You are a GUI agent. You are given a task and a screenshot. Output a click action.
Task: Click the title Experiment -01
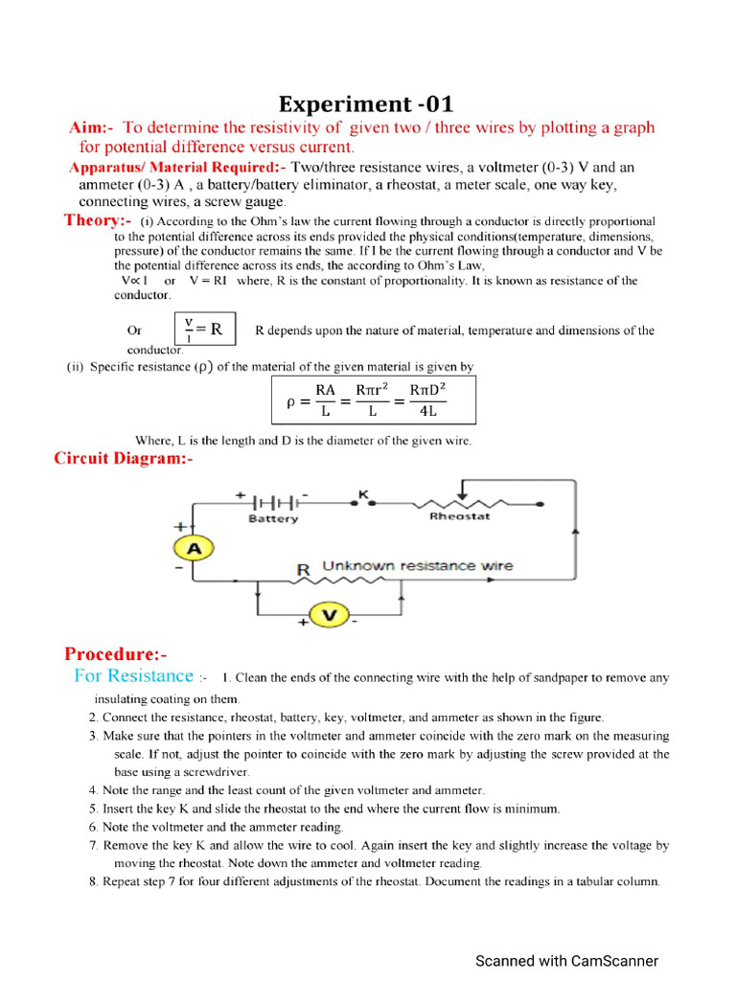(x=366, y=103)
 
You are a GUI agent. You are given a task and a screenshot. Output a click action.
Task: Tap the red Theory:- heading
(x=98, y=220)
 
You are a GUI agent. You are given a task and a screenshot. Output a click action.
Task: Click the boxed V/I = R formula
(x=203, y=330)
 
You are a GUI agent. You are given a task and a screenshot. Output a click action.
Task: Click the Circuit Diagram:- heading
(x=124, y=459)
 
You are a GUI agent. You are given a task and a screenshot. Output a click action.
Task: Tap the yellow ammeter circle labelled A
(x=193, y=548)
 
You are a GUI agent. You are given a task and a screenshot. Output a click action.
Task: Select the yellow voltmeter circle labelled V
(x=329, y=615)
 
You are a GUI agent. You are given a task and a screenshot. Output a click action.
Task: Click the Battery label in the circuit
(x=273, y=519)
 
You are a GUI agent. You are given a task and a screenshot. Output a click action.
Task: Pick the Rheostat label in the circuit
(x=459, y=516)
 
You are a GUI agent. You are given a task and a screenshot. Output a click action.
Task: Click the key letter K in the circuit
(x=363, y=494)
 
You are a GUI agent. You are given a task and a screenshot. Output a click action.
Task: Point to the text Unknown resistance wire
(x=417, y=566)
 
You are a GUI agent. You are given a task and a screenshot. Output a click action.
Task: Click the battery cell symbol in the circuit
(x=272, y=501)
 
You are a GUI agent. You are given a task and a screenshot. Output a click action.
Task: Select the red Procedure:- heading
(x=115, y=654)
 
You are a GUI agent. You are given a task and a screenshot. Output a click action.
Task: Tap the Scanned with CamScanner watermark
(x=566, y=961)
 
